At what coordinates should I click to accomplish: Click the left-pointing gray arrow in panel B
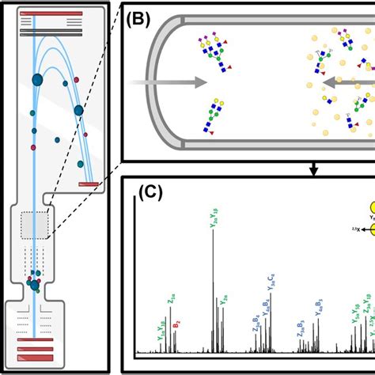[x=353, y=79]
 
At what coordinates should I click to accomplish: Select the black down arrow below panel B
[x=314, y=169]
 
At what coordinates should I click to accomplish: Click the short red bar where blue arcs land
[x=88, y=184]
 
